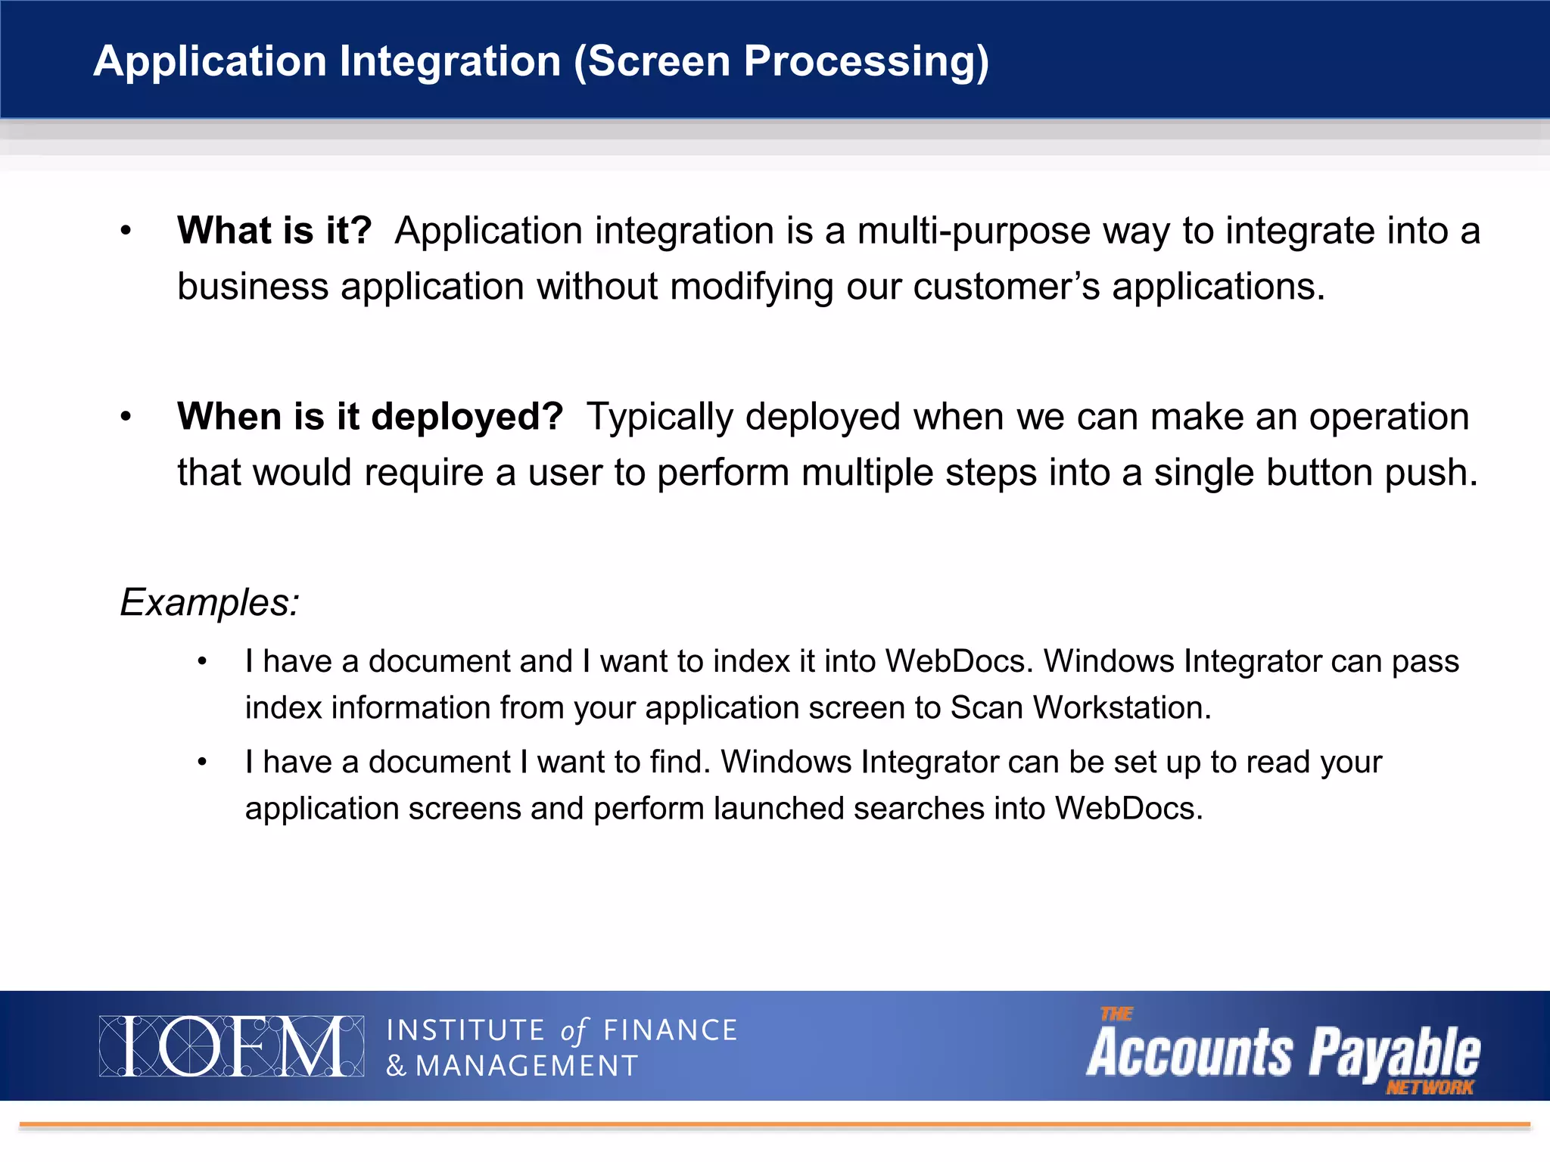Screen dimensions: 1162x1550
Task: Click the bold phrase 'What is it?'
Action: coord(275,231)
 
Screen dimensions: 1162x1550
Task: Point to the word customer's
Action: coord(1007,287)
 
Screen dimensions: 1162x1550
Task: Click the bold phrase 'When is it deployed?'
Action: coord(370,417)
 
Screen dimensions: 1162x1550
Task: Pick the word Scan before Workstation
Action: coord(986,708)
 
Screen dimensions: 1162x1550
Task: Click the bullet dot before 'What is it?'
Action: coord(126,231)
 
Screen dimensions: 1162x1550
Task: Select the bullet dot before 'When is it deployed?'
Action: coord(126,417)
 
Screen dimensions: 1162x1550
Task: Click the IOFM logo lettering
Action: coord(231,1046)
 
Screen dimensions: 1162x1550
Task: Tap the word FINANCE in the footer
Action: coord(670,1031)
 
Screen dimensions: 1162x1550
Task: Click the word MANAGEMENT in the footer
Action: coord(527,1067)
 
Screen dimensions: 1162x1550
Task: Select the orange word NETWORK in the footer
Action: coord(1430,1088)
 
